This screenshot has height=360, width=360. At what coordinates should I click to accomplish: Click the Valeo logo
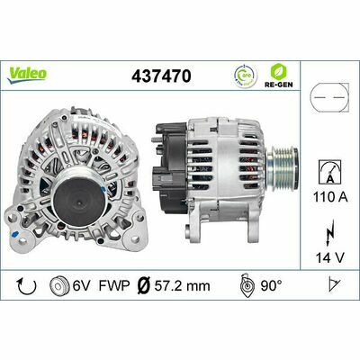coord(29,68)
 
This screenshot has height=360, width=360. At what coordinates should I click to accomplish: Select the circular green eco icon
coord(244,76)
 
